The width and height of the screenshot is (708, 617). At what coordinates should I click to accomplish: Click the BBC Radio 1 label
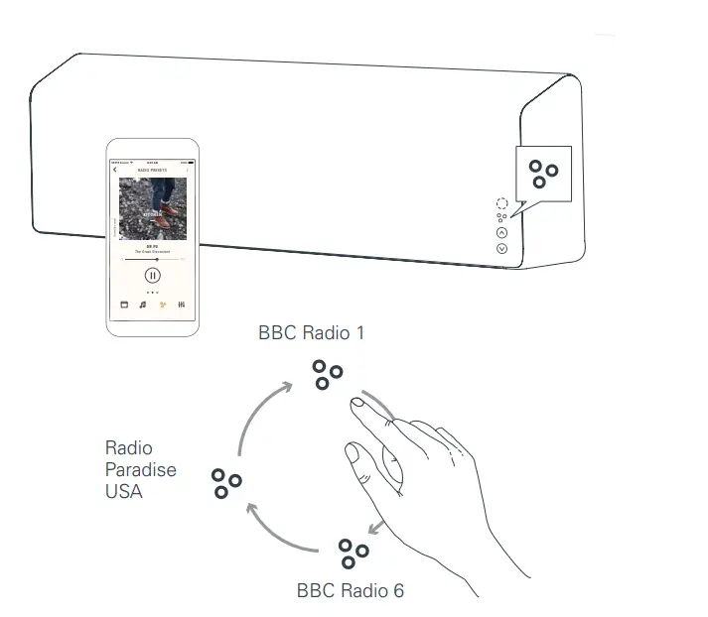click(311, 333)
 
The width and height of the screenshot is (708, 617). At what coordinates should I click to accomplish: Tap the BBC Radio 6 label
click(351, 590)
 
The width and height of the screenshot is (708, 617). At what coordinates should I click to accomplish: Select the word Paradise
click(141, 469)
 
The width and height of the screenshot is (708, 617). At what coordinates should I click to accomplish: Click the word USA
click(124, 490)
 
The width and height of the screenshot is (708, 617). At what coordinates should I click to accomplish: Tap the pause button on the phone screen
click(152, 275)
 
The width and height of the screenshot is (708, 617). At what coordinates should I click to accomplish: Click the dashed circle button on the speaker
click(501, 202)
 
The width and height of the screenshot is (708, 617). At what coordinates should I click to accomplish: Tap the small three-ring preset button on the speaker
click(501, 217)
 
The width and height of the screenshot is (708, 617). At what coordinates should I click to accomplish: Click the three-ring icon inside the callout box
click(542, 174)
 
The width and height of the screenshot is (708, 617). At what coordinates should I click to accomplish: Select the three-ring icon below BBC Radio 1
click(327, 375)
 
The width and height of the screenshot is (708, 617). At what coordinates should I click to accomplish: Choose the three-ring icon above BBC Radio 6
click(353, 552)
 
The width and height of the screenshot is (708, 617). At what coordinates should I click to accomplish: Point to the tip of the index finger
click(354, 404)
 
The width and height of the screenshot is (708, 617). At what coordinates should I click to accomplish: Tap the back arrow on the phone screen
click(116, 171)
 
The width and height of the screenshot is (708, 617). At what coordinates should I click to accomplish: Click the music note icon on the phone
click(143, 305)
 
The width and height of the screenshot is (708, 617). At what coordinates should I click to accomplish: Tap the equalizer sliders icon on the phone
click(182, 305)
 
